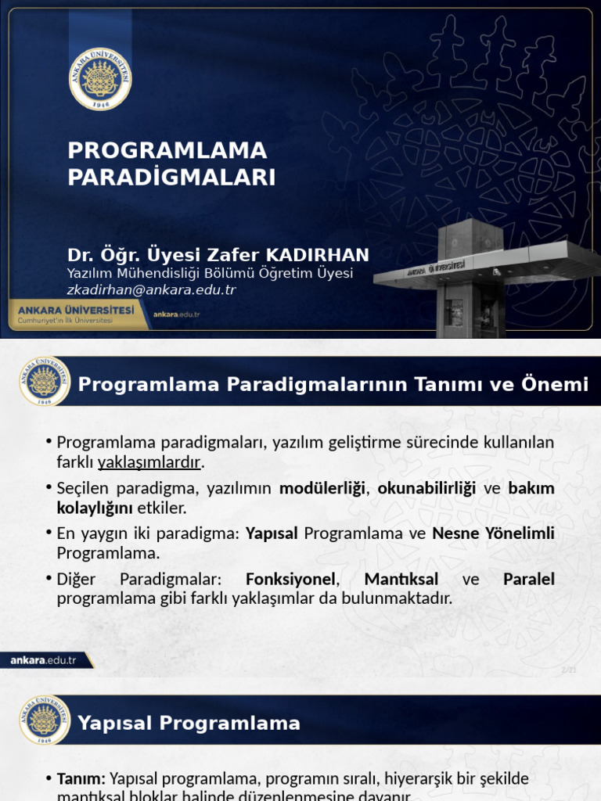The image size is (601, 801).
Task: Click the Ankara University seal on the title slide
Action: (100, 78)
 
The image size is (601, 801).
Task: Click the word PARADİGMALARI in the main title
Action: (171, 178)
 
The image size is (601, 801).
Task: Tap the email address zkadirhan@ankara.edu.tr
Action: (151, 289)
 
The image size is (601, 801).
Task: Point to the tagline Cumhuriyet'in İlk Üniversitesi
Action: (66, 321)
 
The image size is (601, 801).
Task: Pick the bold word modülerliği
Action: (322, 488)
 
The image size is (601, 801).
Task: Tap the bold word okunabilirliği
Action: (426, 488)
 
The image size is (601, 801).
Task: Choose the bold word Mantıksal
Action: (401, 580)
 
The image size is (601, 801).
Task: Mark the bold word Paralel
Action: (529, 580)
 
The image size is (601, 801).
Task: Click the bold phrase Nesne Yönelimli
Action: (493, 533)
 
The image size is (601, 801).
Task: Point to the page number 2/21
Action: (569, 670)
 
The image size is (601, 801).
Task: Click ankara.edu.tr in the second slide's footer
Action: (43, 660)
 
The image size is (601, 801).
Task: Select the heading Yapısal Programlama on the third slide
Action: (189, 723)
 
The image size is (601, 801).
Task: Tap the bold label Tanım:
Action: (81, 778)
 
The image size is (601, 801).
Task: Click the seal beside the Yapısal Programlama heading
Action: (45, 720)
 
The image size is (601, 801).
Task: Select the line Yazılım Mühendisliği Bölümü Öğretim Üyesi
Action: (210, 273)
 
